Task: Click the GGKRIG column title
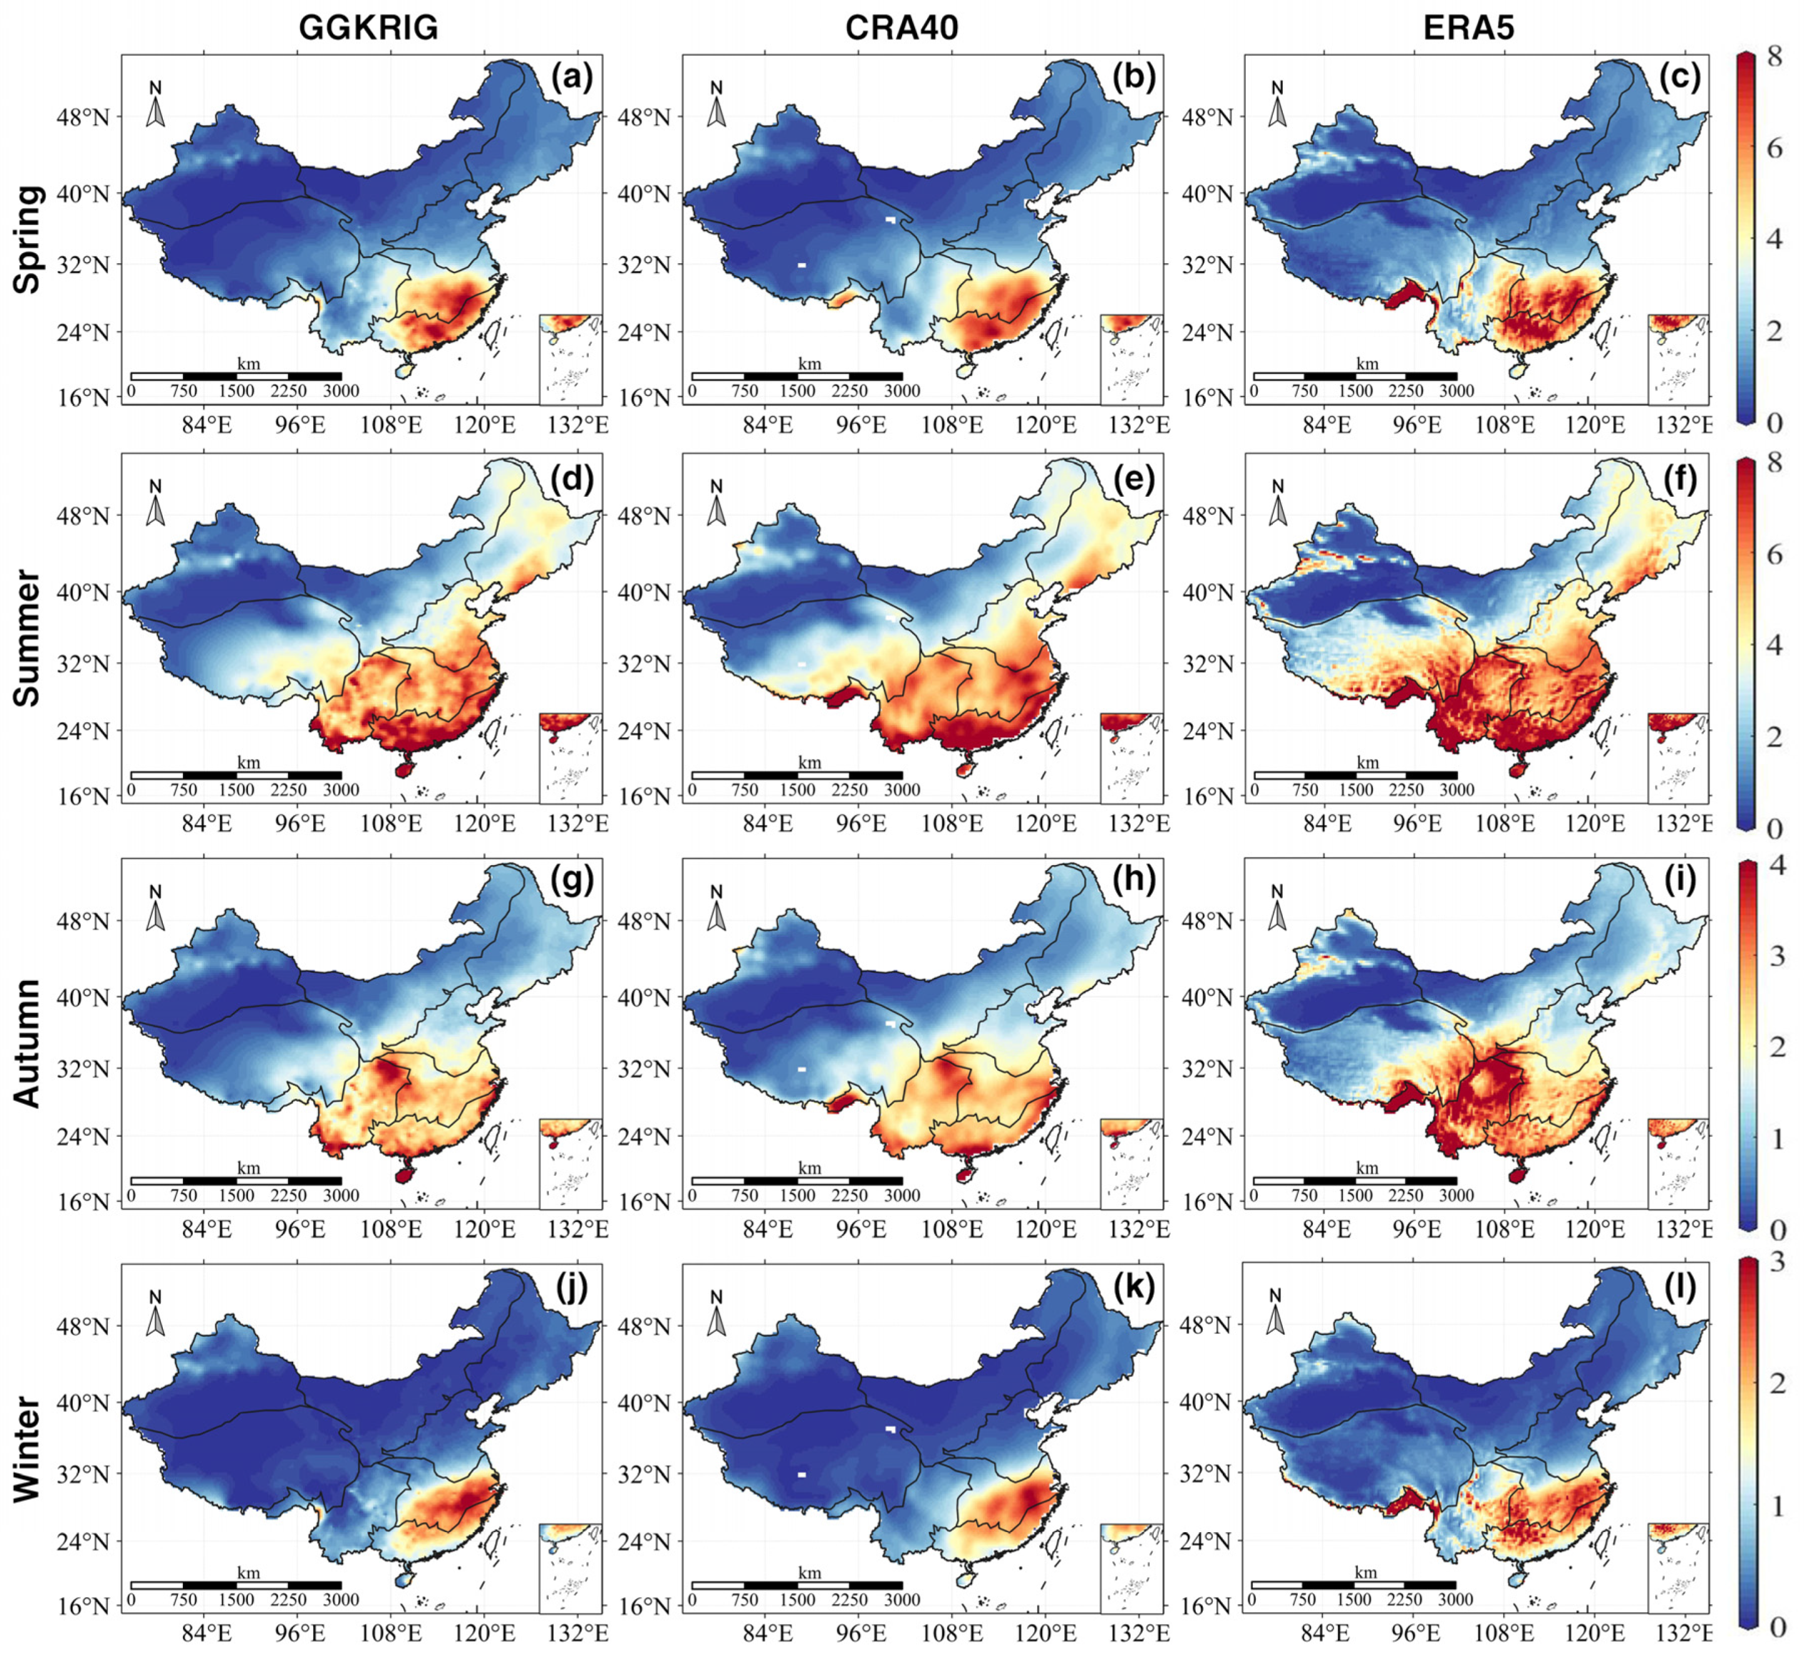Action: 368,28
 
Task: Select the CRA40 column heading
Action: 901,28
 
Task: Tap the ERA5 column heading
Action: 1469,28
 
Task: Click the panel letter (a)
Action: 573,78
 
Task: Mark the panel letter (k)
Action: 1133,1287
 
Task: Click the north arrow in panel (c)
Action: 1278,106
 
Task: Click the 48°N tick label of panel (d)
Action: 85,517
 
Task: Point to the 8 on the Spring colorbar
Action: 1775,56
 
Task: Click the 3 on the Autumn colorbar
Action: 1776,957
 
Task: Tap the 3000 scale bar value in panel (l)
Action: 1456,1600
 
